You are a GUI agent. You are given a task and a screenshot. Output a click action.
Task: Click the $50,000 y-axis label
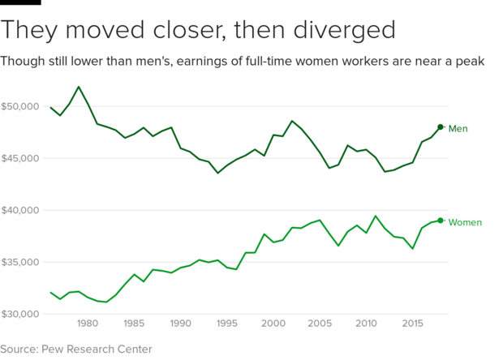[21, 106]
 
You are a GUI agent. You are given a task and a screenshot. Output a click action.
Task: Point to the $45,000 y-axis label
[21, 158]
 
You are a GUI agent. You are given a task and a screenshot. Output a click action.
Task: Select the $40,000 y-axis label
[21, 210]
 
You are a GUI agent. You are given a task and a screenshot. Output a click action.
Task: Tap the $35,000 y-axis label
[21, 262]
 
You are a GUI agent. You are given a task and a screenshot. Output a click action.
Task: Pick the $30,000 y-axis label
[21, 314]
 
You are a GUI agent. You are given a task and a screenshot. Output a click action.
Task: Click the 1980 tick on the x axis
[88, 323]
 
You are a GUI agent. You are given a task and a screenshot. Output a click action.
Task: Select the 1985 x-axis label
[134, 323]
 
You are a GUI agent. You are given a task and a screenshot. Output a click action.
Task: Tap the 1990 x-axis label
[180, 323]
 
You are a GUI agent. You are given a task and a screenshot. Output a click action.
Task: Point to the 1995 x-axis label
[226, 323]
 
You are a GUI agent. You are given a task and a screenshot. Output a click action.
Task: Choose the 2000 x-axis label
[273, 323]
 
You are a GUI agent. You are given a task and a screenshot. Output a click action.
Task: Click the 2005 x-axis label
[320, 323]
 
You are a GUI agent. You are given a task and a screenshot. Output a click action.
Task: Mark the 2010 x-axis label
[366, 323]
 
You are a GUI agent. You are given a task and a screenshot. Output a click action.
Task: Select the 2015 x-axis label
[412, 323]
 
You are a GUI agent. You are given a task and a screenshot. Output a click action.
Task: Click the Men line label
[458, 128]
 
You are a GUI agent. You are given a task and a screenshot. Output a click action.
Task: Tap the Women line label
[465, 222]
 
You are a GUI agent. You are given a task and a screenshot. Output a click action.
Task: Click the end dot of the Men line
[440, 126]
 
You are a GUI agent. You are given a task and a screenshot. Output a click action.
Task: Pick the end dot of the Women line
[440, 221]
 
